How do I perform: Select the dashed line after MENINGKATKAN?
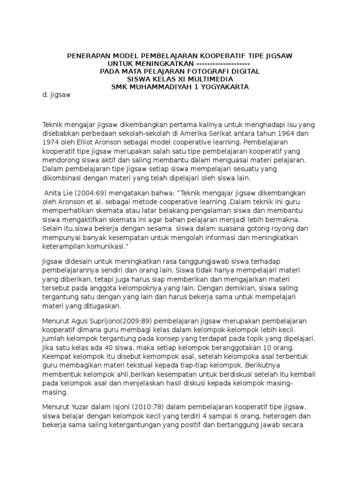(223, 64)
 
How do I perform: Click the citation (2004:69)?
(92, 193)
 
